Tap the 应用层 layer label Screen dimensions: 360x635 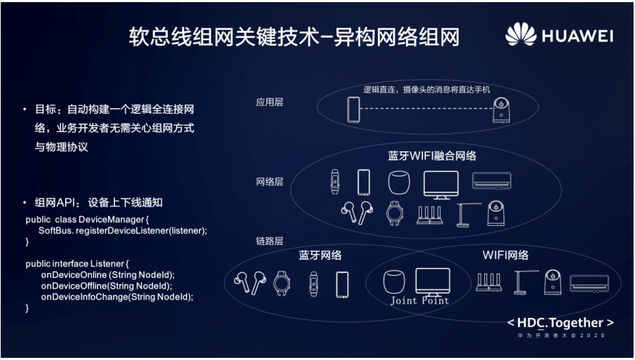pos(269,102)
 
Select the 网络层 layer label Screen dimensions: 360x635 pos(269,181)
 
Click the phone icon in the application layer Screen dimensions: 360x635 pos(353,110)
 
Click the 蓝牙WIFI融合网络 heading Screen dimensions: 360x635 pos(432,155)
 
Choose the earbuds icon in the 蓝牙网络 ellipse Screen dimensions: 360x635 pos(250,283)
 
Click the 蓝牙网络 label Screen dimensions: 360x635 pos(320,255)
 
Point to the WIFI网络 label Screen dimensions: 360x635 pos(506,255)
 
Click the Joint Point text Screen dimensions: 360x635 pos(419,301)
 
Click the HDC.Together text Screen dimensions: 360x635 pos(560,322)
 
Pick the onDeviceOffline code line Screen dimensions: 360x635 pos(107,285)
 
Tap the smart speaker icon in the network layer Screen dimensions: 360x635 pos(401,182)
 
